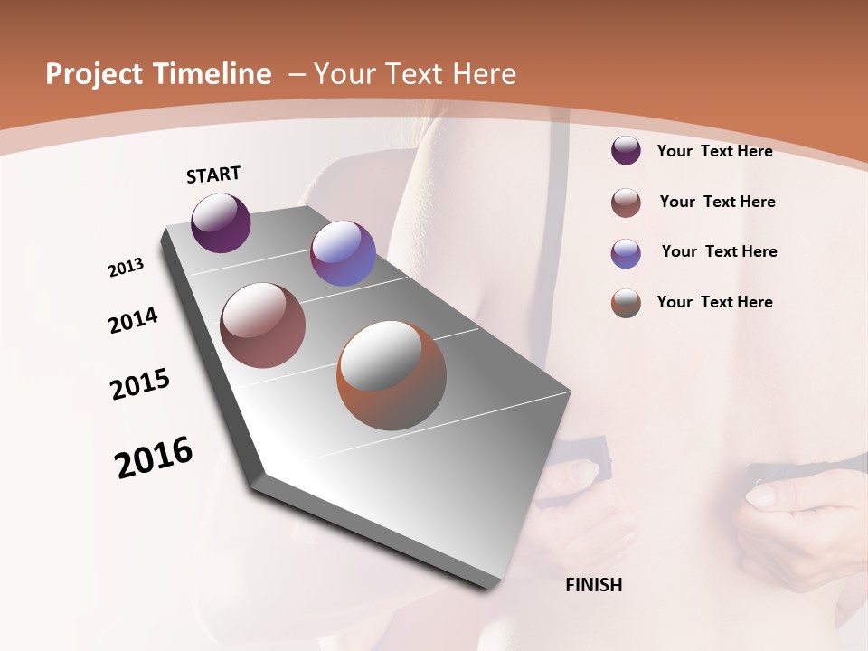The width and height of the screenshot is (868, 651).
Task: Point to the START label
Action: click(213, 175)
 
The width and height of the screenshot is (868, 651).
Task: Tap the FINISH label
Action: click(594, 585)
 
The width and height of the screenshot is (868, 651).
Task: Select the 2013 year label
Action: click(127, 268)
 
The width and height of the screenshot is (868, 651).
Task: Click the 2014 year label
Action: click(134, 321)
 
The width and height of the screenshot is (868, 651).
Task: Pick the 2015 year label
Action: click(140, 384)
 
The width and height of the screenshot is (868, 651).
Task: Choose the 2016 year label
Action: click(154, 458)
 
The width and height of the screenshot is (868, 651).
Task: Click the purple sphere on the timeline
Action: click(221, 222)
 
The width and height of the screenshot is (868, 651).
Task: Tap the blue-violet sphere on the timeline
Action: click(343, 253)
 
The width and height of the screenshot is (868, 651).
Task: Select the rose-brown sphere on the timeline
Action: click(263, 325)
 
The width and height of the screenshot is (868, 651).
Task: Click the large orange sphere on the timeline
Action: click(392, 375)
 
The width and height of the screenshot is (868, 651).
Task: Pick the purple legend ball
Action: click(626, 150)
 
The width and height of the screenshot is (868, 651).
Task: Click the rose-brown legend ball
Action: click(626, 203)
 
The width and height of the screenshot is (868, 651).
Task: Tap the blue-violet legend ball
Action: click(626, 253)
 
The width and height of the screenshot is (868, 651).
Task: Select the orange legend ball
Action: click(626, 303)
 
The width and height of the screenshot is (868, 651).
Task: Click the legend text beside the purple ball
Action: click(714, 151)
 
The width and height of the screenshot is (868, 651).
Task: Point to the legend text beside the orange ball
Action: click(714, 302)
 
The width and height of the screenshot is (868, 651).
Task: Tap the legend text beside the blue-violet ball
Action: click(719, 251)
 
